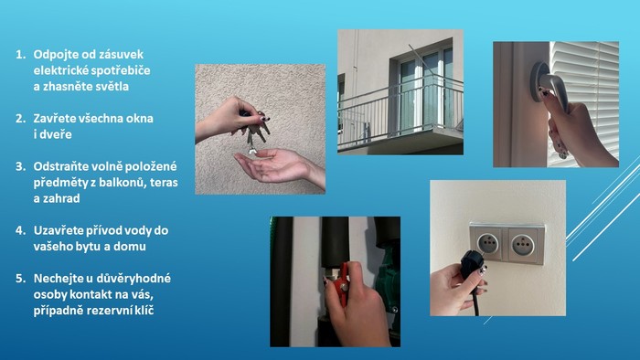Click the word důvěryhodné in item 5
[133, 279]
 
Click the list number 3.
[20, 166]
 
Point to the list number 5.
[20, 279]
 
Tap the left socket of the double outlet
[487, 243]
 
